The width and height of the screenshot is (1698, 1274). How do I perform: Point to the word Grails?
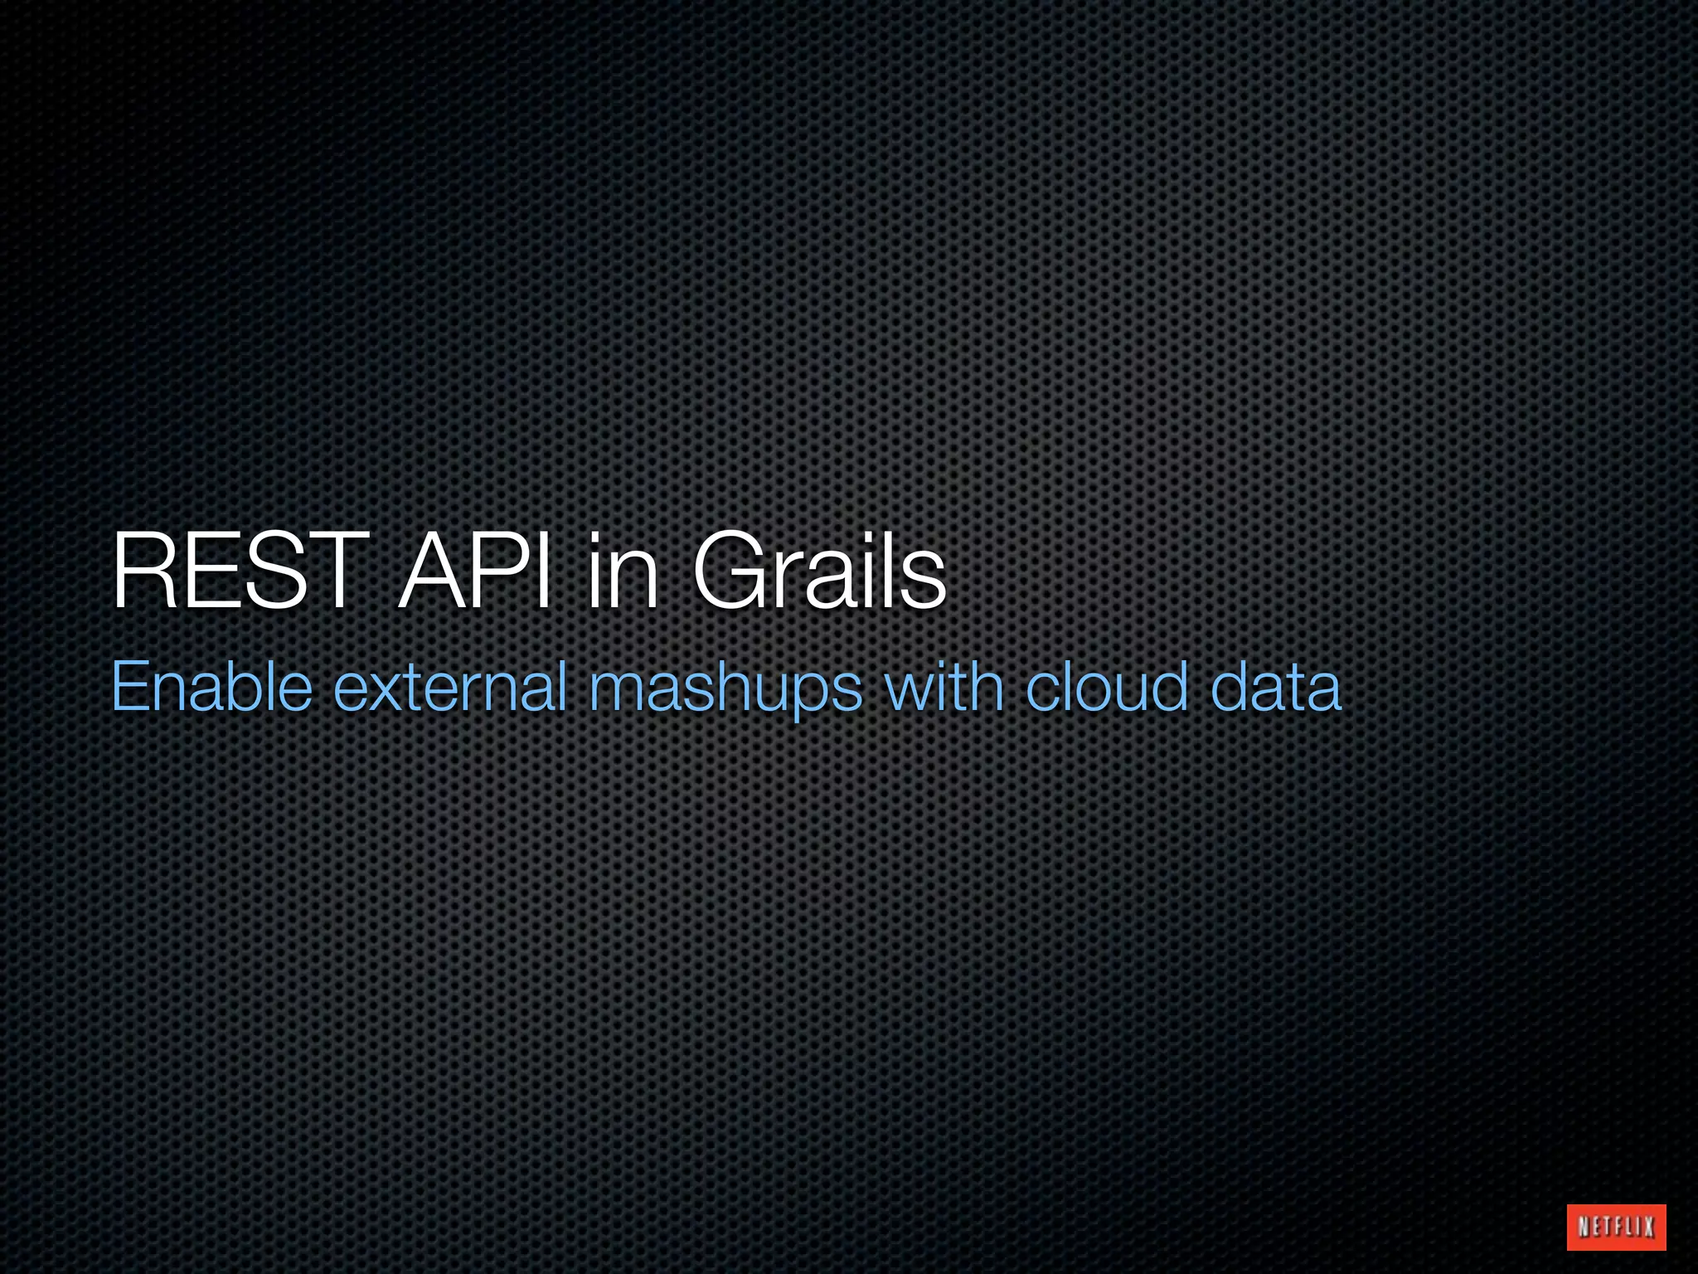coord(819,571)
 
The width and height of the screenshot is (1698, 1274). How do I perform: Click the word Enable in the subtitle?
coord(211,687)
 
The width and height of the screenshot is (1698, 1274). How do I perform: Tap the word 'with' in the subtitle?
coord(944,687)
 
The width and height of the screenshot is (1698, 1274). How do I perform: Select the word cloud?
coord(1107,687)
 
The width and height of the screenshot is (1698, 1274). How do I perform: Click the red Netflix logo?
coord(1616,1227)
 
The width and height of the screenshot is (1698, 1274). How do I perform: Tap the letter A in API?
coord(434,571)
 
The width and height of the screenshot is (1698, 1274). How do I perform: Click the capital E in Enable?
coord(130,687)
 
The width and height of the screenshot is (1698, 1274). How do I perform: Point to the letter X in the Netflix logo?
coord(1650,1227)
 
